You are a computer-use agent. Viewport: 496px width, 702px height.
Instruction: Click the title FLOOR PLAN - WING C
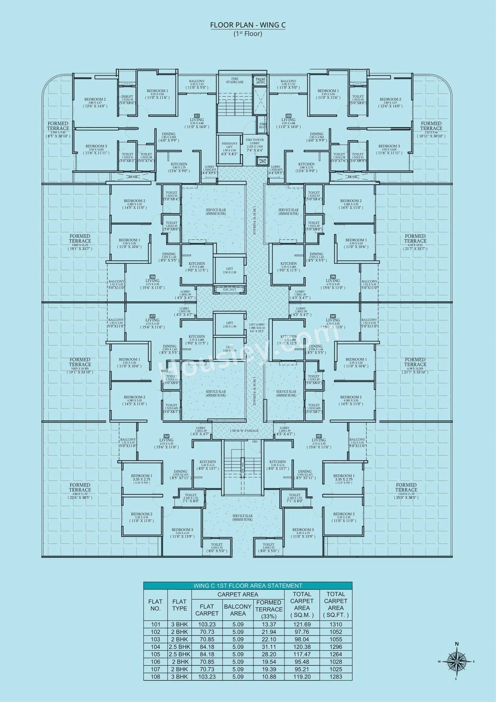248,25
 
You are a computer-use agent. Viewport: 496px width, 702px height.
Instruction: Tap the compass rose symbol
457,661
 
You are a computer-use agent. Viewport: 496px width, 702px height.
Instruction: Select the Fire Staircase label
235,80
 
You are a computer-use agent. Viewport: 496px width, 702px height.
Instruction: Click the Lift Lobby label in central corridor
257,328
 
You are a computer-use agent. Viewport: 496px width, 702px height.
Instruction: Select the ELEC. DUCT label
229,289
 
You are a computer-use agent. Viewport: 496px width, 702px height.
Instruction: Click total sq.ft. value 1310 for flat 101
336,624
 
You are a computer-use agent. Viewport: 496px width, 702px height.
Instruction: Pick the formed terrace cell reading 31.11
269,647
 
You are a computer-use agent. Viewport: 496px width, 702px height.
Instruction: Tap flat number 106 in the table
155,662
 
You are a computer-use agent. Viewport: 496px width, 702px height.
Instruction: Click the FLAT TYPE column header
179,605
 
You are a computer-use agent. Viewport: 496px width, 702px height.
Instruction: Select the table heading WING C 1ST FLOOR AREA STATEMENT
248,586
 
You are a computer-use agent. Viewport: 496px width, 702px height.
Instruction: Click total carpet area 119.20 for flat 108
302,676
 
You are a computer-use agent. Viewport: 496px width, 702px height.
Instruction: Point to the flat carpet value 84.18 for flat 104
207,647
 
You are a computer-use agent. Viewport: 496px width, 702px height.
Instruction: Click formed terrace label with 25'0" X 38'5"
406,491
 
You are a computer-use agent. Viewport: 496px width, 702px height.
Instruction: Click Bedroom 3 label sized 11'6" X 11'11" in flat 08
96,149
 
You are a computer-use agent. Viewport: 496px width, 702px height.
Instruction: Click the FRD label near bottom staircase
255,442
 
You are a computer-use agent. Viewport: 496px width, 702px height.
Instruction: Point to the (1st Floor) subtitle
248,34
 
